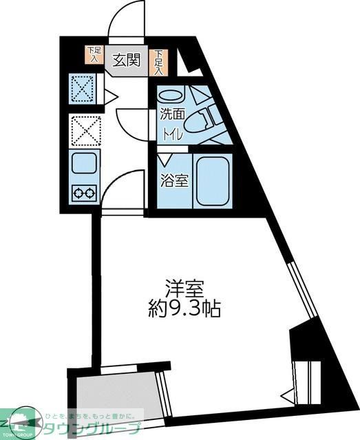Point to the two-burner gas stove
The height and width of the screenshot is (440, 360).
click(85, 193)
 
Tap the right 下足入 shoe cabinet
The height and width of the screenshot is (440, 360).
click(158, 61)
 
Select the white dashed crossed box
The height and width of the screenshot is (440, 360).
click(85, 131)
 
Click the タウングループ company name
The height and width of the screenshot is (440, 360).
click(93, 428)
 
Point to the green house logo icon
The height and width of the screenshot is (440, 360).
click(21, 421)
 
